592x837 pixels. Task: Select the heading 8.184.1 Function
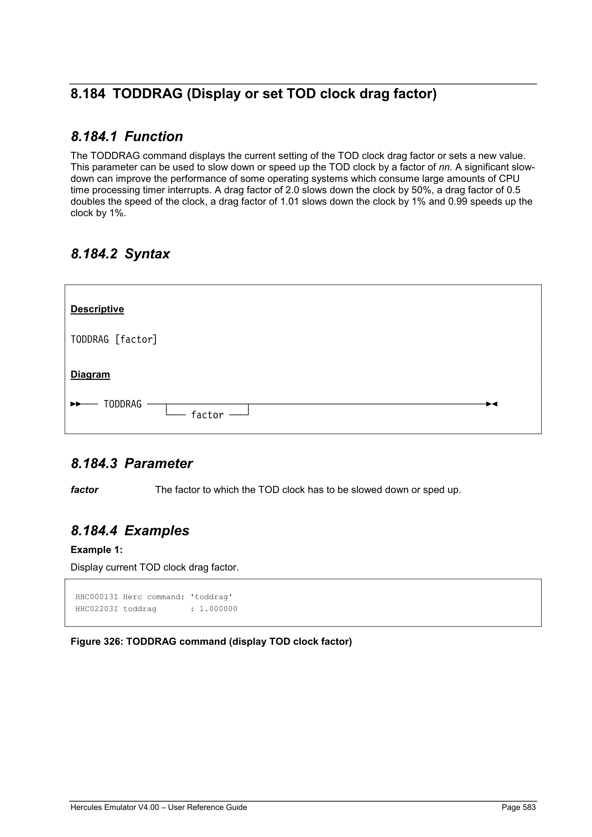pyautogui.click(x=127, y=137)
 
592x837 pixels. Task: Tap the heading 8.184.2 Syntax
pyautogui.click(x=120, y=254)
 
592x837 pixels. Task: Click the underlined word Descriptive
pyautogui.click(x=97, y=309)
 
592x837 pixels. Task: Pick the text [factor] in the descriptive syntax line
pyautogui.click(x=136, y=340)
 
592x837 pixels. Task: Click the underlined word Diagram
pyautogui.click(x=90, y=375)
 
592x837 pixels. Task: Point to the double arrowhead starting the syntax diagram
pyautogui.click(x=76, y=404)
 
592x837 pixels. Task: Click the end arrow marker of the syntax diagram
pyautogui.click(x=492, y=404)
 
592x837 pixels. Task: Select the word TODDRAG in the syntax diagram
pyautogui.click(x=123, y=404)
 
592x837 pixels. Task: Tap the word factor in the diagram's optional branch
pyautogui.click(x=207, y=415)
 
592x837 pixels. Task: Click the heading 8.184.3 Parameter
pyautogui.click(x=131, y=464)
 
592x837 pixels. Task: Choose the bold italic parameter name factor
pyautogui.click(x=84, y=490)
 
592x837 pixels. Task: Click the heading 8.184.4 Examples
pyautogui.click(x=130, y=531)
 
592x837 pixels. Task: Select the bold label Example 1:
pyautogui.click(x=97, y=550)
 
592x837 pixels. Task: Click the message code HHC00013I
pyautogui.click(x=97, y=597)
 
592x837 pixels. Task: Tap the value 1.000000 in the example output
pyautogui.click(x=219, y=609)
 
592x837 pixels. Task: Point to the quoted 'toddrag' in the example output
pyautogui.click(x=211, y=597)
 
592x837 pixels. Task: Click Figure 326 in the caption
pyautogui.click(x=97, y=642)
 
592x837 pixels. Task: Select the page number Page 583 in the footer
pyautogui.click(x=518, y=807)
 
